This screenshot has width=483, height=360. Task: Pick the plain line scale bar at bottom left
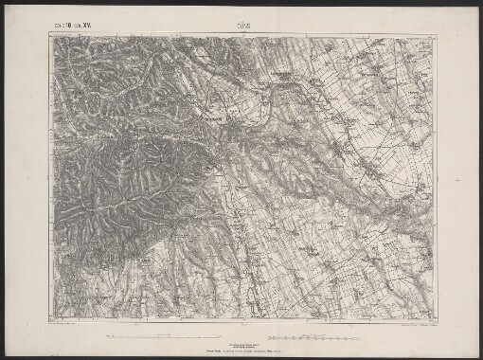(x=152, y=335)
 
